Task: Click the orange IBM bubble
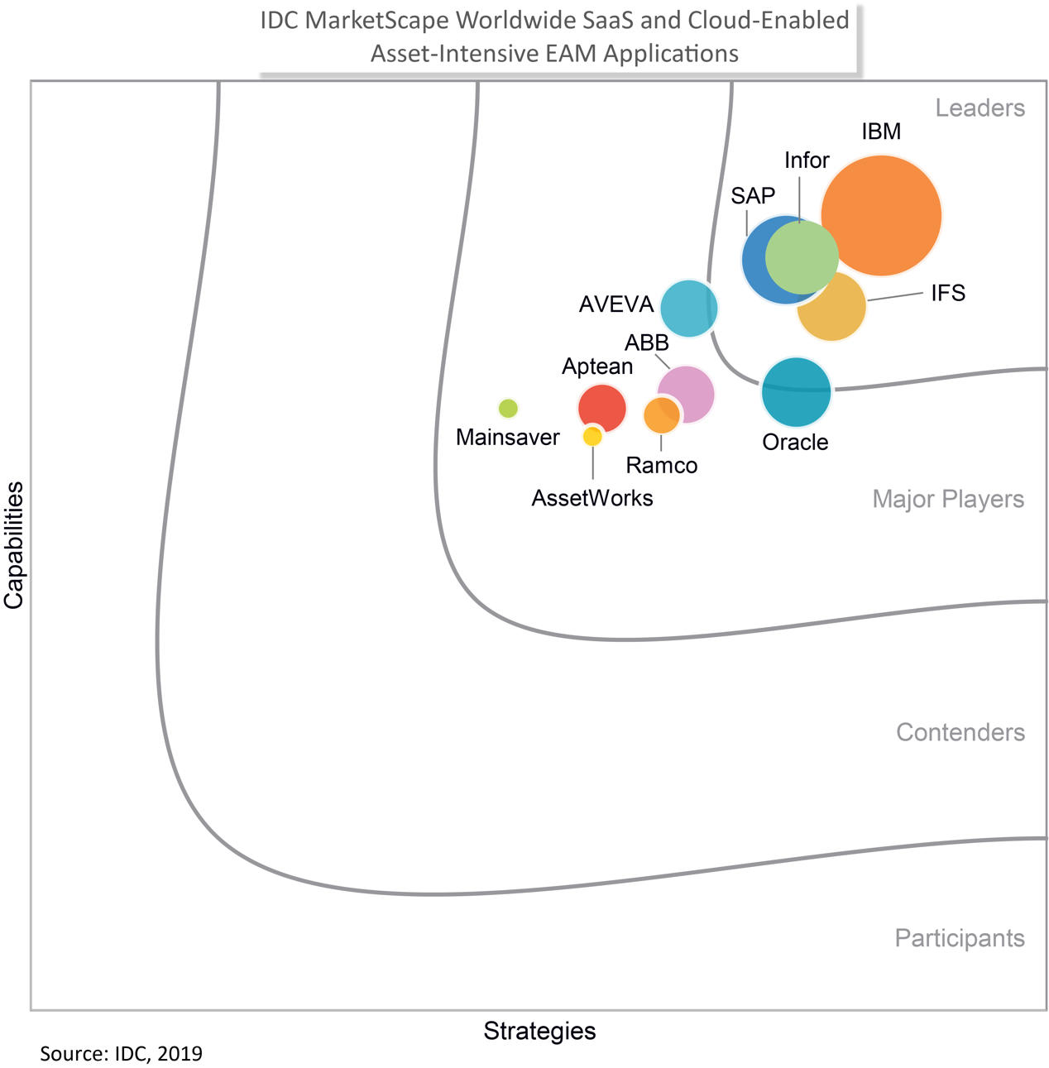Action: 881,215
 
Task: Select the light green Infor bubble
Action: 801,257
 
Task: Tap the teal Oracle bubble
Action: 796,392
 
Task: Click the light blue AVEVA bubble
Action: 688,309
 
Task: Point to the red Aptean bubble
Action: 601,406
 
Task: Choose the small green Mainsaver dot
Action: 508,408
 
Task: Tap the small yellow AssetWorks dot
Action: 592,436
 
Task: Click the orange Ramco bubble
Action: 661,415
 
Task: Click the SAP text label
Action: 753,196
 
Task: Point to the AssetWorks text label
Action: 592,498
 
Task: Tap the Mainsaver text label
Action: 508,437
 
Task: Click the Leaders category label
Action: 980,108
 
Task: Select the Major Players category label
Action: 948,500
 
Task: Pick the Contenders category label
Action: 960,732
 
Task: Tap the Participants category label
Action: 960,938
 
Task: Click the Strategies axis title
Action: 539,1031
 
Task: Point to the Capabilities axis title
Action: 14,546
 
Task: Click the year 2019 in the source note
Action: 180,1054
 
